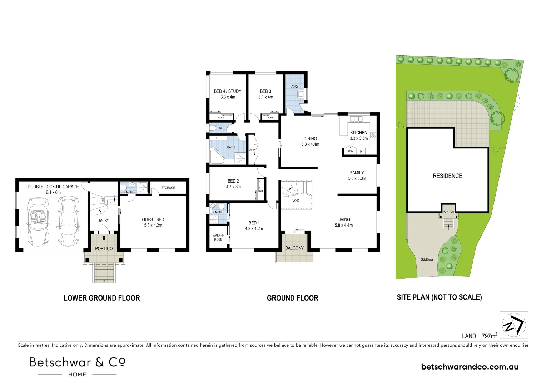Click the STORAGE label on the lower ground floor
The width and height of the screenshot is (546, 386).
pyautogui.click(x=168, y=188)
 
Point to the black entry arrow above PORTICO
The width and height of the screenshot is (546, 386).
pyautogui.click(x=104, y=237)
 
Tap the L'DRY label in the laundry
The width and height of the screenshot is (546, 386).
pyautogui.click(x=294, y=87)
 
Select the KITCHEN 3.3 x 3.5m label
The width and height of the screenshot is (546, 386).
pyautogui.click(x=359, y=135)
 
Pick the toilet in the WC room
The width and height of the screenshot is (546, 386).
pyautogui.click(x=214, y=128)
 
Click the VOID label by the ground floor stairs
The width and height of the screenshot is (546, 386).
pyautogui.click(x=296, y=201)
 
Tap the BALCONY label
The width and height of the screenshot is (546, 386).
pyautogui.click(x=294, y=248)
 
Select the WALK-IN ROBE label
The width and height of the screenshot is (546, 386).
pyautogui.click(x=218, y=237)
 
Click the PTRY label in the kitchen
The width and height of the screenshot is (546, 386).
pyautogui.click(x=350, y=152)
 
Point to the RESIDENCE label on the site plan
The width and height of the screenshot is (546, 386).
pyautogui.click(x=447, y=176)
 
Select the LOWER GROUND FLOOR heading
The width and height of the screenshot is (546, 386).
pyautogui.click(x=101, y=298)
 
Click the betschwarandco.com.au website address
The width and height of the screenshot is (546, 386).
pyautogui.click(x=470, y=367)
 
